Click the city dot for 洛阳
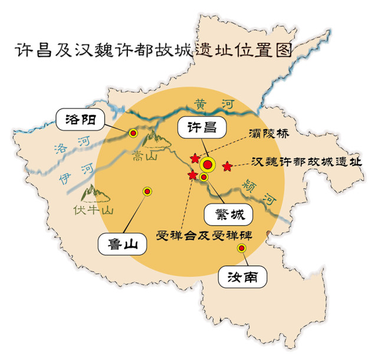pyautogui.click(x=133, y=133)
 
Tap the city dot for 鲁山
pyautogui.click(x=147, y=191)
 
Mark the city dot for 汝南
pyautogui.click(x=241, y=248)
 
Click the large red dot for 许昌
pyautogui.click(x=208, y=165)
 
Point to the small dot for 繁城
pyautogui.click(x=204, y=177)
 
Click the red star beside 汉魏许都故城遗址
pyautogui.click(x=227, y=166)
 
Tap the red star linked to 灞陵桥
pyautogui.click(x=195, y=158)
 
